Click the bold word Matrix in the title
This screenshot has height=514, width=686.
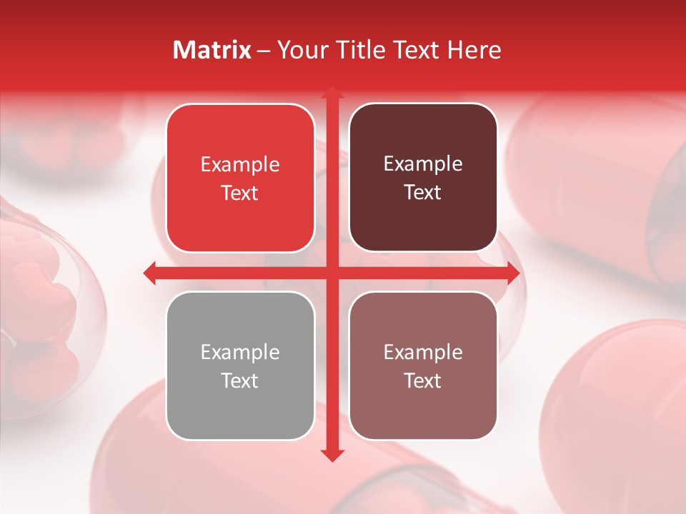coord(212,50)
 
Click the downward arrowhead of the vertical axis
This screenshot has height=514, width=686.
coord(332,455)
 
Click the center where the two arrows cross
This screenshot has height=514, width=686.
coord(332,273)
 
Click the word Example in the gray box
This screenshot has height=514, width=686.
coord(240,352)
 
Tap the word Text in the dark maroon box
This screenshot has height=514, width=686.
coord(423,192)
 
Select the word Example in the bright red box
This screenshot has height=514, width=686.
coord(240,164)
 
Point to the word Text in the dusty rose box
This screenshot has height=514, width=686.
coord(423,381)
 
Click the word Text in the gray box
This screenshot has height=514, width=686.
coord(240,381)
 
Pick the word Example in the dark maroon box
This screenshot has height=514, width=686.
coord(423,163)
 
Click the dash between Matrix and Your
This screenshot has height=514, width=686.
coord(264,51)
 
